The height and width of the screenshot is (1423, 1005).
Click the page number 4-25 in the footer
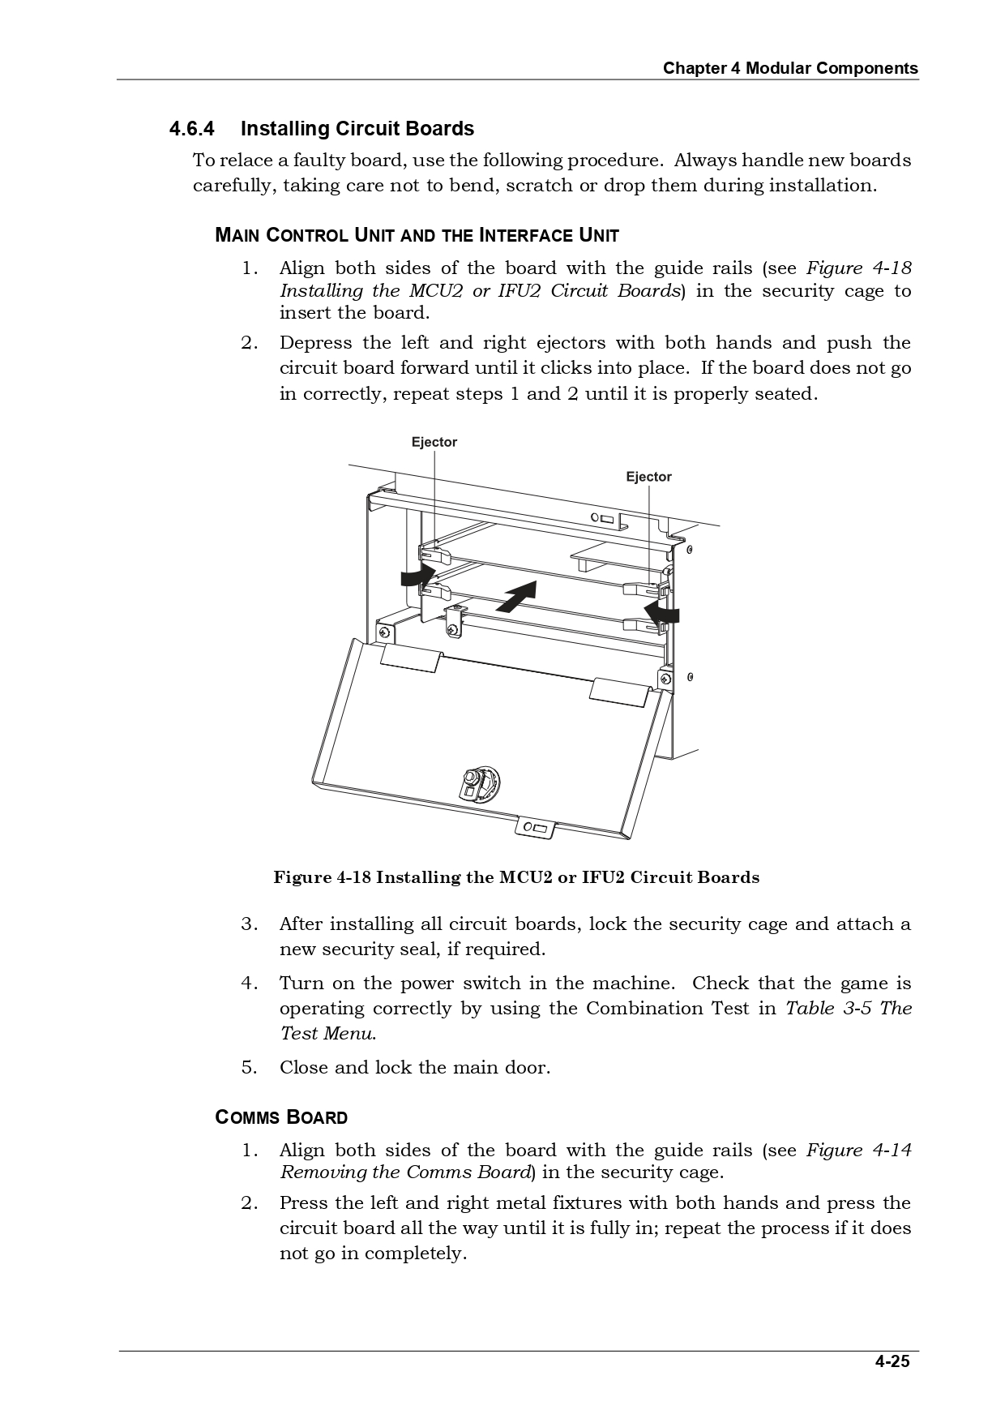click(x=892, y=1361)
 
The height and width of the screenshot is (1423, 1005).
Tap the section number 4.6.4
click(x=191, y=129)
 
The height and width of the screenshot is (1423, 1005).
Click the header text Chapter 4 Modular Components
click(x=790, y=68)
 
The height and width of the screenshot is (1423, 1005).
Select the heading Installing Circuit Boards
click(x=357, y=129)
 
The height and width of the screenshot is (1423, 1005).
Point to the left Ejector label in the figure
click(x=434, y=442)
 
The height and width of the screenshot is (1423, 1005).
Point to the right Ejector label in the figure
click(x=648, y=477)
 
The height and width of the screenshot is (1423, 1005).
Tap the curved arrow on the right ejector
click(x=663, y=612)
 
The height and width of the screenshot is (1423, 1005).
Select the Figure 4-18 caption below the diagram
click(x=516, y=877)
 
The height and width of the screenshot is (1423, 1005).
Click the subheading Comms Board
click(x=281, y=1117)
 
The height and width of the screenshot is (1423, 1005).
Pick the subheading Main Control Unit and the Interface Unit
click(x=417, y=236)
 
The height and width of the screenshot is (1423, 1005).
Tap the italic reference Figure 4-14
click(x=858, y=1150)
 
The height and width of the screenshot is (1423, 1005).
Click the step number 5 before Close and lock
click(x=249, y=1067)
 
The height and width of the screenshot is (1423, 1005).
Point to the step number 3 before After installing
click(x=249, y=924)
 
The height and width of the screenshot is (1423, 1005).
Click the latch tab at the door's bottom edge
click(x=535, y=827)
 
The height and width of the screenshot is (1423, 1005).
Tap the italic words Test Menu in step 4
click(x=327, y=1034)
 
